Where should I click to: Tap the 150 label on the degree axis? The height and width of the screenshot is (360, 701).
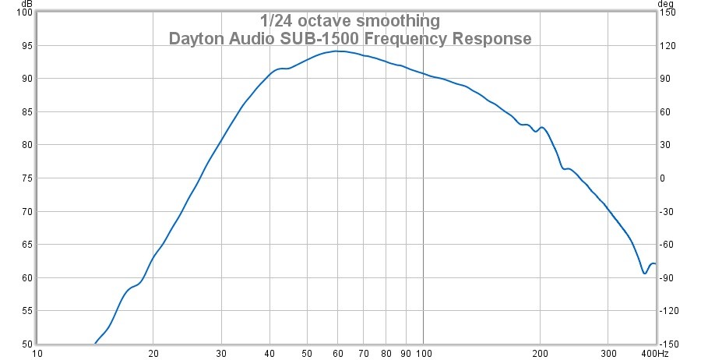point(668,12)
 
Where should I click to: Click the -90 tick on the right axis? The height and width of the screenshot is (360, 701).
point(668,277)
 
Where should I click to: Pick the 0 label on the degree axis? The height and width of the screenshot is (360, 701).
point(663,178)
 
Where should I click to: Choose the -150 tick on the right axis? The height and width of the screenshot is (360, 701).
point(670,344)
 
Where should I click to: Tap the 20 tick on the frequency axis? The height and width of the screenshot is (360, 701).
point(153,353)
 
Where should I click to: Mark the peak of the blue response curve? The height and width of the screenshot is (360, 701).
point(336,51)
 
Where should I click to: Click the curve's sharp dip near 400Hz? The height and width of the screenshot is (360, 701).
point(644,273)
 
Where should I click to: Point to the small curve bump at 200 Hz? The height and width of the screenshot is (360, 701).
point(541,128)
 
